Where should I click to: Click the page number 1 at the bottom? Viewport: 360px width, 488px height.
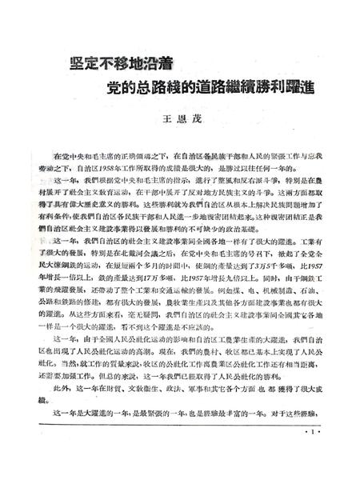pyautogui.click(x=311, y=458)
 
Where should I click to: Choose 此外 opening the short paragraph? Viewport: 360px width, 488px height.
pyautogui.click(x=53, y=406)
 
